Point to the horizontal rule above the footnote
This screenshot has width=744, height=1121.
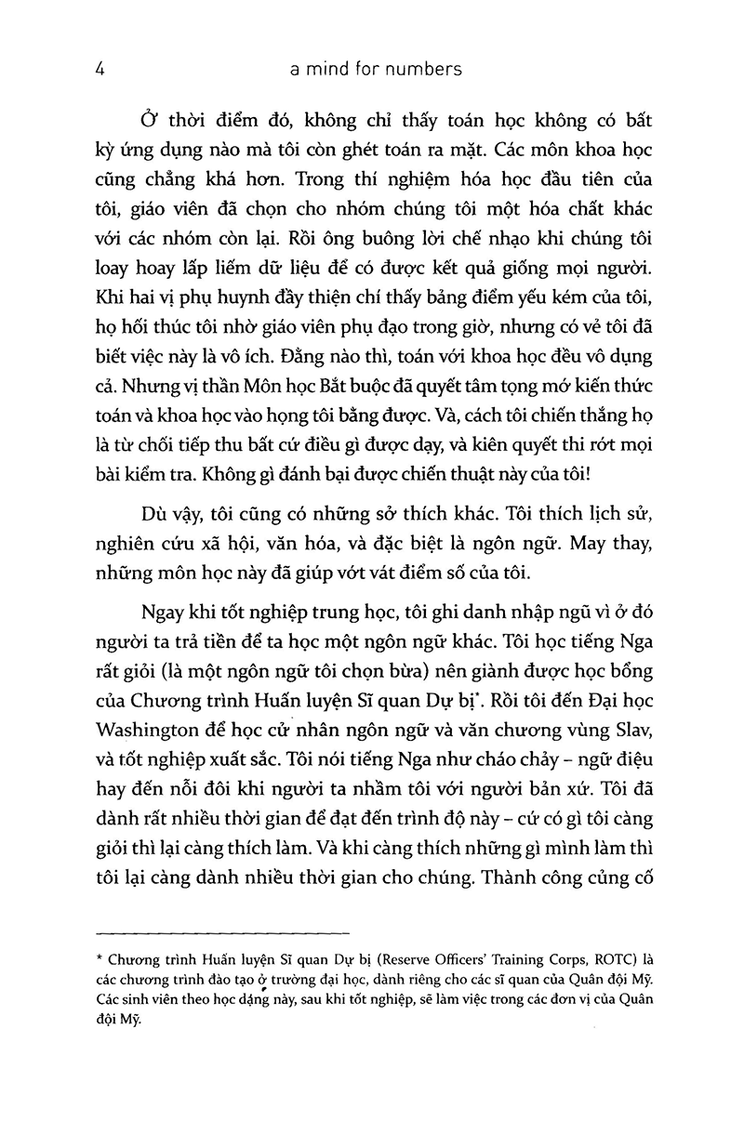(x=223, y=930)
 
